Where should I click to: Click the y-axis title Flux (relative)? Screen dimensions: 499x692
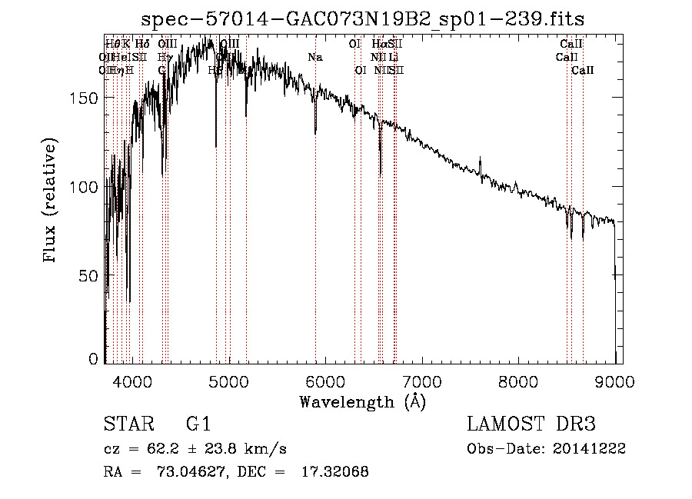(52, 201)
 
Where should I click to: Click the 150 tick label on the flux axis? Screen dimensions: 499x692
(86, 98)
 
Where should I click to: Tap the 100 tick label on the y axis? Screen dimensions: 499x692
(86, 187)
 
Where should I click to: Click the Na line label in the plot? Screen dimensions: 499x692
(314, 57)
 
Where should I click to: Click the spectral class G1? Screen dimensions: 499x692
(198, 424)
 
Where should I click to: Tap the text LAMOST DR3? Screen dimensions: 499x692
(531, 424)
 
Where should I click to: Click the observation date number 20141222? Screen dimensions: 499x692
(592, 449)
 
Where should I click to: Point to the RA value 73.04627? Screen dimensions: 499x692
(193, 473)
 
